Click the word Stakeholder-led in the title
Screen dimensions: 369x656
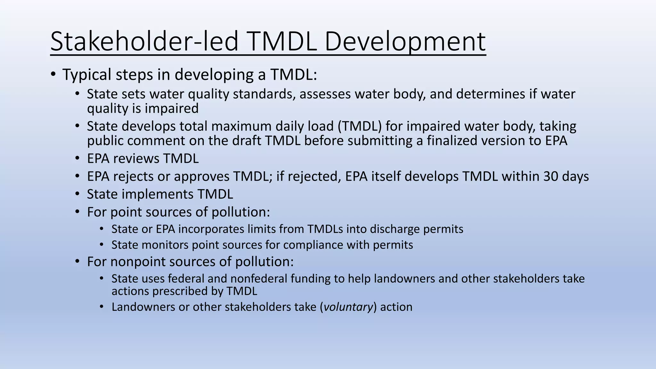pyautogui.click(x=144, y=42)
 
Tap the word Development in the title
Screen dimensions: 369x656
pyautogui.click(x=405, y=42)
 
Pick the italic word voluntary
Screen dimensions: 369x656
pyautogui.click(x=348, y=307)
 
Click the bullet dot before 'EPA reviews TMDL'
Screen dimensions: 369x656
pyautogui.click(x=77, y=158)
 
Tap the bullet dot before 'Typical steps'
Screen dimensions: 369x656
pyautogui.click(x=53, y=74)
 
